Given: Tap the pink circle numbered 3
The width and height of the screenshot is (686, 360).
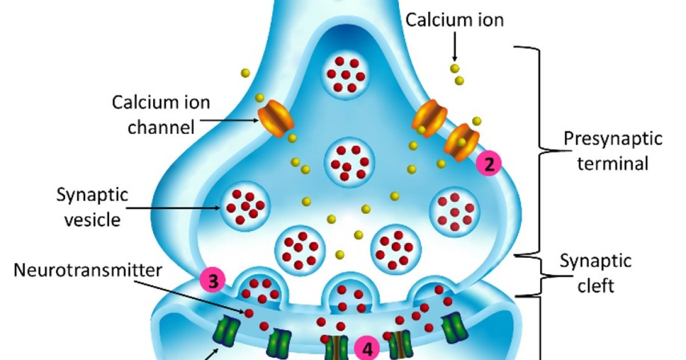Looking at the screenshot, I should (213, 281).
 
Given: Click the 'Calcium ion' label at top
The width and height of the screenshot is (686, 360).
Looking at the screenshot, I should (454, 21).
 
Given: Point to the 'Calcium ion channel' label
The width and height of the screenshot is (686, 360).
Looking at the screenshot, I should (161, 114).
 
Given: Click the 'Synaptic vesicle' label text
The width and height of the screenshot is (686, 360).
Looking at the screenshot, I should (92, 207).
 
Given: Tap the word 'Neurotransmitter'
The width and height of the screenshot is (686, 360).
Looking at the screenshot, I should (87, 269).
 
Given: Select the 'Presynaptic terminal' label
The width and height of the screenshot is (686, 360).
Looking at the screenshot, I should (612, 151).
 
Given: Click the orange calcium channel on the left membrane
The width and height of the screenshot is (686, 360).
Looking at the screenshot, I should (275, 118).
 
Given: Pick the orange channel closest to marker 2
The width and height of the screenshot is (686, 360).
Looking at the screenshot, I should (462, 142).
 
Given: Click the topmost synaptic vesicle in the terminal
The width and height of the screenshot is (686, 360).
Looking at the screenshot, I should (346, 74).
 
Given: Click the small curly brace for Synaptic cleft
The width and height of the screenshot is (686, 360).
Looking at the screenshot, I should (538, 275).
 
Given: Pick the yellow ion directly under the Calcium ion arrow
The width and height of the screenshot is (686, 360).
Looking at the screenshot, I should (454, 69).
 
